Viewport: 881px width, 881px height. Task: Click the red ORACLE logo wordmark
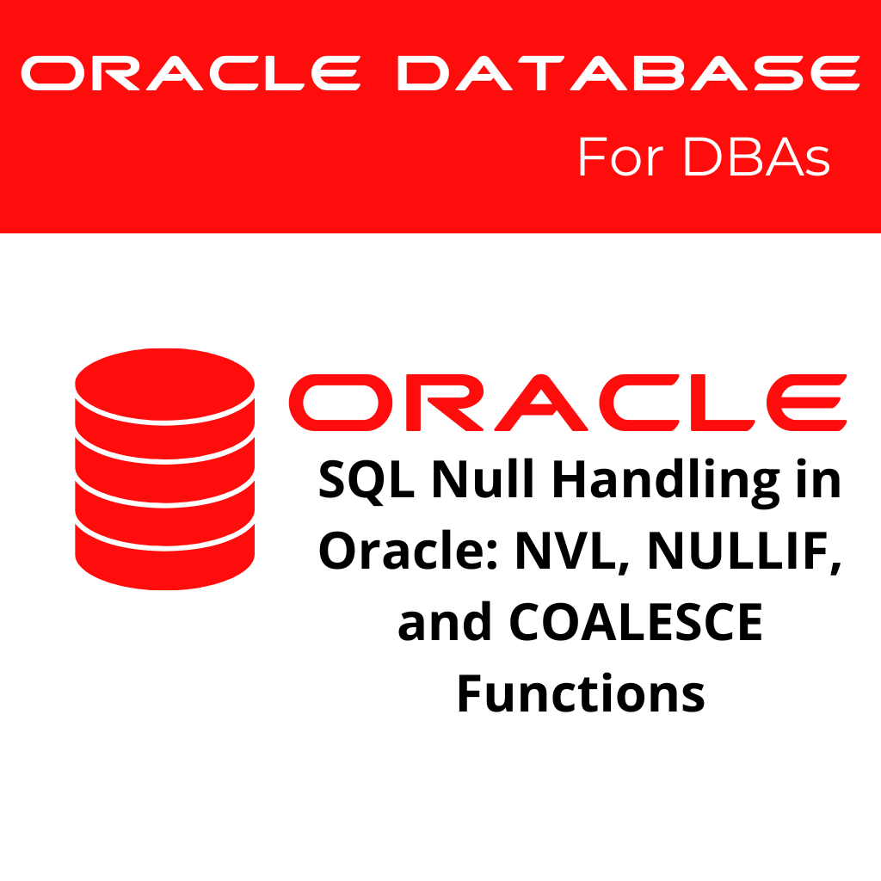567,403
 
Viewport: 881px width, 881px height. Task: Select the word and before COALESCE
444,622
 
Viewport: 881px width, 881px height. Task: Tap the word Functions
580,693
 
